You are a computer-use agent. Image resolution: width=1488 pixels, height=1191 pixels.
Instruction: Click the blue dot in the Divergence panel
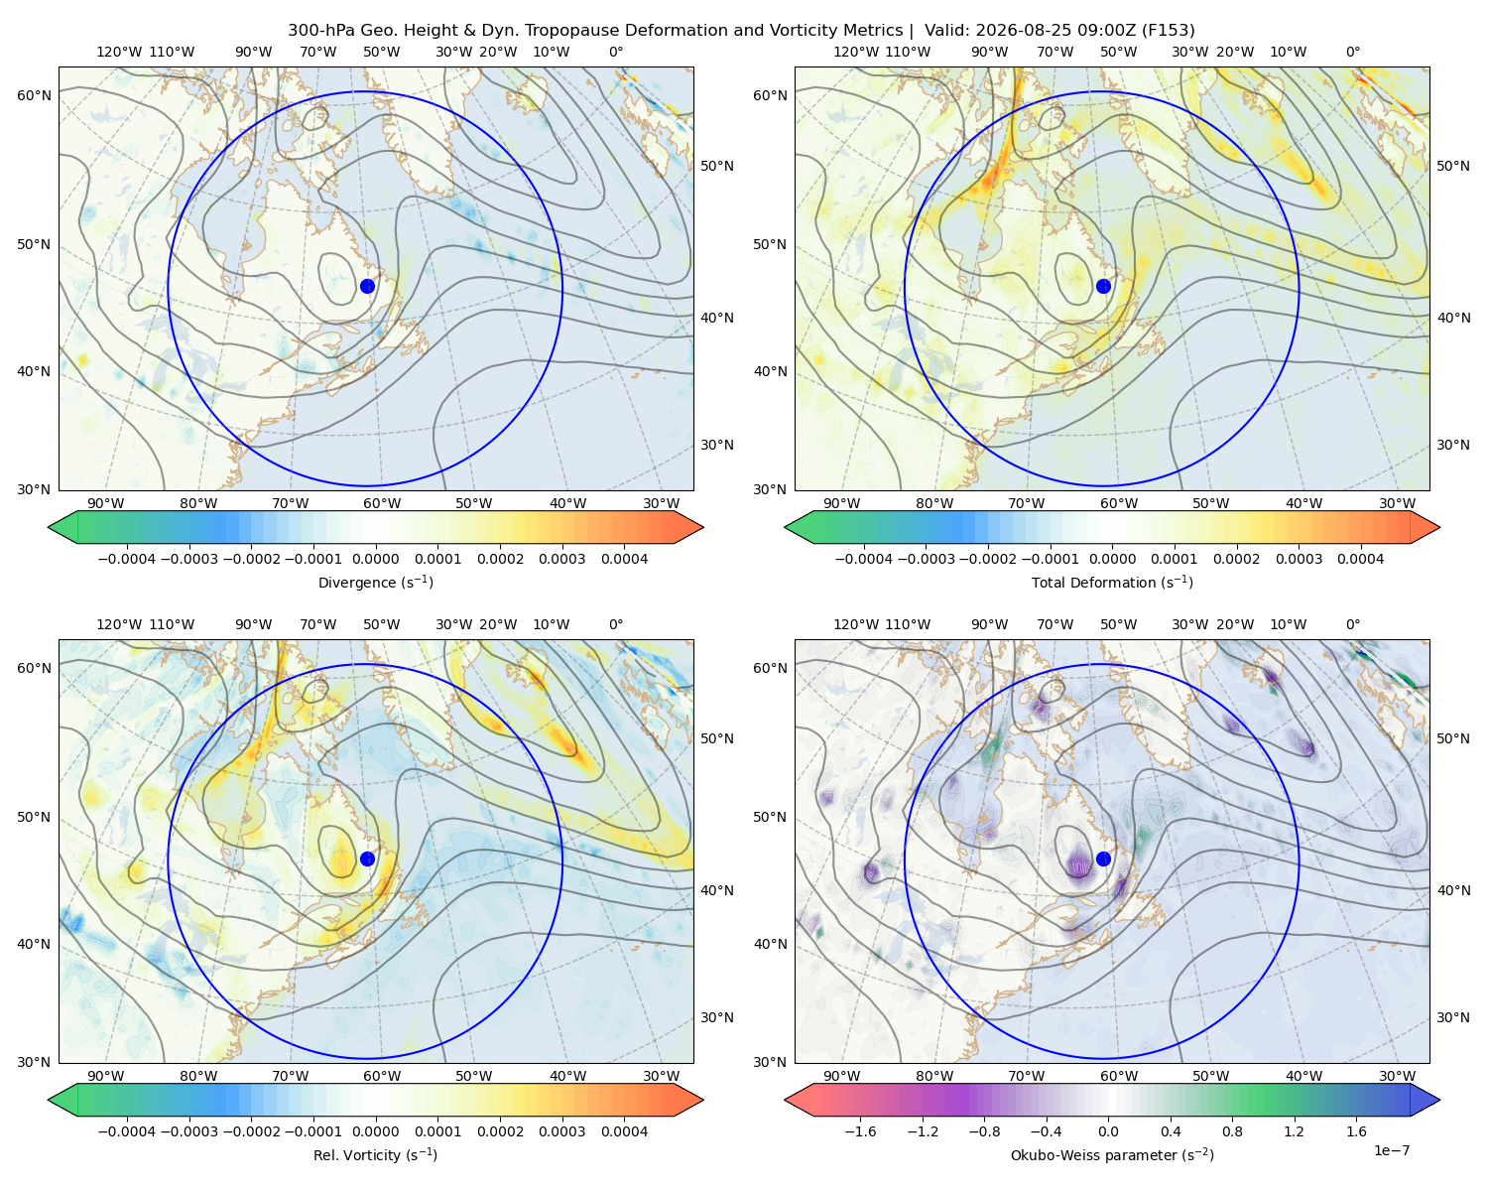click(x=367, y=286)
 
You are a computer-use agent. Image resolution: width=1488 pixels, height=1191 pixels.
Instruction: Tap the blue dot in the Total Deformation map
click(x=1103, y=286)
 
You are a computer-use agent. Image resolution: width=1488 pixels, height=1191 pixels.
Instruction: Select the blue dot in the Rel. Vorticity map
click(x=367, y=859)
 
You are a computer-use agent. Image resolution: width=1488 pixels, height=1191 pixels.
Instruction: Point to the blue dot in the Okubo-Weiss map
click(x=1103, y=859)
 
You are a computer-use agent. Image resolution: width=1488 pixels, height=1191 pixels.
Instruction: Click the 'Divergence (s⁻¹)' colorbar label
click(x=375, y=582)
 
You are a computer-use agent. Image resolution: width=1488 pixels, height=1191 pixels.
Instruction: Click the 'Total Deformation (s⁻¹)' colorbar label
click(x=1112, y=582)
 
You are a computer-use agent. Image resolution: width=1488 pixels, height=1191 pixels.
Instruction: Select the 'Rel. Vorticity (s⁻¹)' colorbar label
click(x=375, y=1154)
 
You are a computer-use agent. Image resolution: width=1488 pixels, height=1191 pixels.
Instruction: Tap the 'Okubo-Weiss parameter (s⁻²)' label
click(x=1112, y=1154)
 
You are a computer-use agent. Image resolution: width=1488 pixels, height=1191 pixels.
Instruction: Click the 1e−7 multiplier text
click(x=1391, y=1150)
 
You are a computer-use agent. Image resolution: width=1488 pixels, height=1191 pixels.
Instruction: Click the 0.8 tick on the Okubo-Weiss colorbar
click(x=1232, y=1130)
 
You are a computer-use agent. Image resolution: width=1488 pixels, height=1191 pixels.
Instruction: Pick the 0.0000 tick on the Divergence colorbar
click(x=375, y=559)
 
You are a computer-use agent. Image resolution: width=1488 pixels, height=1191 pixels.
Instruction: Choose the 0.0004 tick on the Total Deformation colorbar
click(x=1360, y=559)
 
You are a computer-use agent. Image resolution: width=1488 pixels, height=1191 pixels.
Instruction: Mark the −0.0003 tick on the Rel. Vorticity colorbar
click(x=188, y=1130)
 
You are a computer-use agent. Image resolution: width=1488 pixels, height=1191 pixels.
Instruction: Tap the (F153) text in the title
click(x=1168, y=30)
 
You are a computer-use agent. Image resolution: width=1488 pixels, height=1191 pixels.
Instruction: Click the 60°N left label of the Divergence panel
click(x=34, y=95)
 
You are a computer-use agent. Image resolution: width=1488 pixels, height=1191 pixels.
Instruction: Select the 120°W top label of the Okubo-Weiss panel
click(x=855, y=624)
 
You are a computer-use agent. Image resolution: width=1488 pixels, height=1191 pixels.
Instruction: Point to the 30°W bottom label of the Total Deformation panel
click(x=1397, y=503)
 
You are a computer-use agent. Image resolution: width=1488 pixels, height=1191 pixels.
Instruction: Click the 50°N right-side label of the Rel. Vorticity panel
click(x=717, y=737)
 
